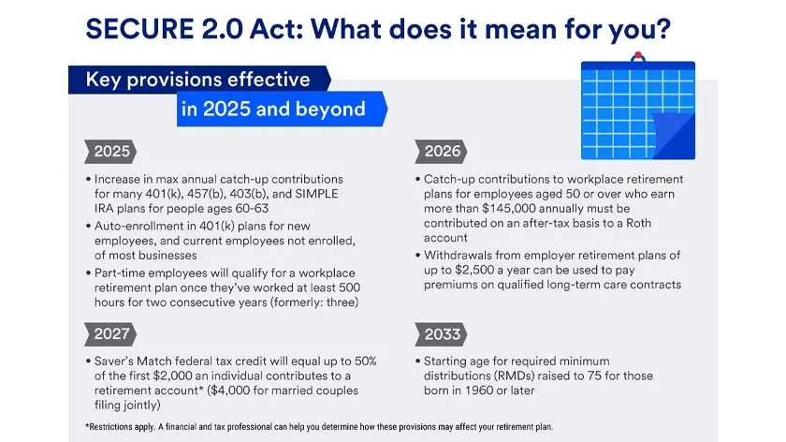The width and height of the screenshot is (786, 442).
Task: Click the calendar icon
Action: [637, 108]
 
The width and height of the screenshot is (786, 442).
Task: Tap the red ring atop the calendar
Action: [638, 56]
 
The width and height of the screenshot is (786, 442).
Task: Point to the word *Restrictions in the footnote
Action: [105, 426]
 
